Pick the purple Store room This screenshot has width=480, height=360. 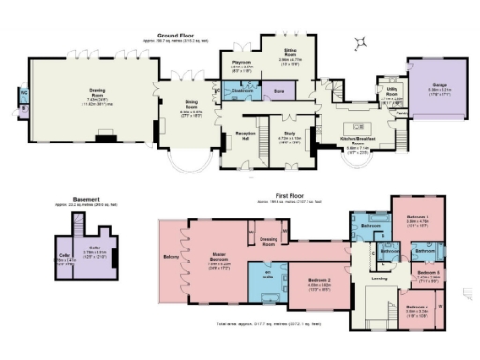(x=278, y=92)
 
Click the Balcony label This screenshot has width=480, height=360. (x=171, y=255)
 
